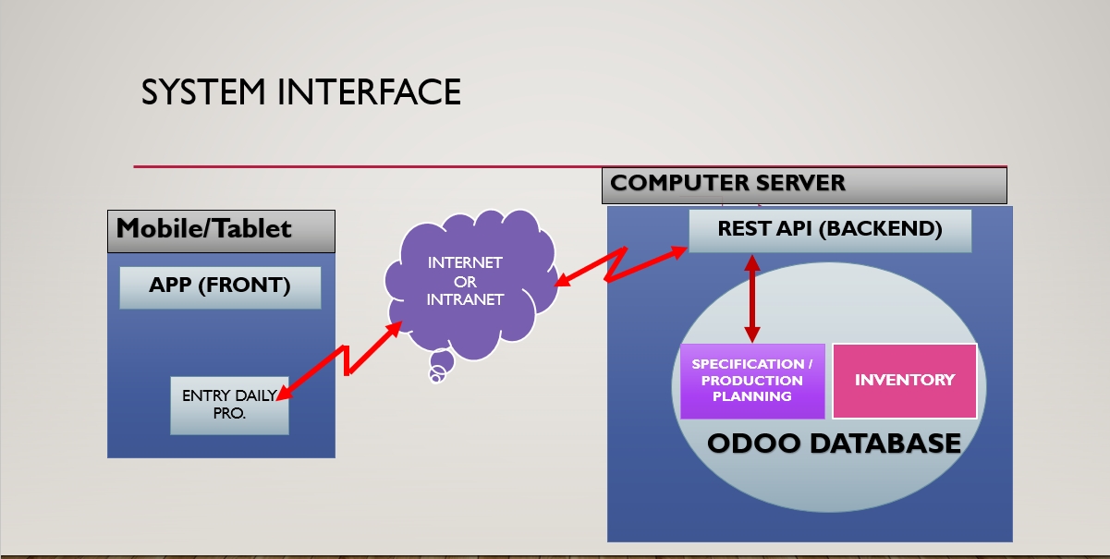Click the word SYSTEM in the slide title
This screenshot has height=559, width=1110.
(203, 91)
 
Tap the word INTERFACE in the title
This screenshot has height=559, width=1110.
(369, 91)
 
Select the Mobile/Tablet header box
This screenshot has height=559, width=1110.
(221, 231)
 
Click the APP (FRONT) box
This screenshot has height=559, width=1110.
(220, 288)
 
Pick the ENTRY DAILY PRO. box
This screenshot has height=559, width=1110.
(229, 406)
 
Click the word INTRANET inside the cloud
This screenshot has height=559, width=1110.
(465, 299)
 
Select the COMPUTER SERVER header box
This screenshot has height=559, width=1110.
(804, 186)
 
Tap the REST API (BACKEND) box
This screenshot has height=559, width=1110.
(830, 231)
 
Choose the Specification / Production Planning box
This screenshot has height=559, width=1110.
(752, 381)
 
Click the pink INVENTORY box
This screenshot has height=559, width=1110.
(905, 381)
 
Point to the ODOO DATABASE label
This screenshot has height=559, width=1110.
(834, 443)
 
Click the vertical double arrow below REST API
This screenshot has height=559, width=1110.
(752, 298)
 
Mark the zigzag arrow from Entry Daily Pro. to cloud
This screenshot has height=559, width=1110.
(346, 360)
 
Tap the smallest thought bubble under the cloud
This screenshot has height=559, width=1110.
(435, 379)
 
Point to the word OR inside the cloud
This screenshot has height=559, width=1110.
(465, 282)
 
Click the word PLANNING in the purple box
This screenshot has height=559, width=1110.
(752, 396)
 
